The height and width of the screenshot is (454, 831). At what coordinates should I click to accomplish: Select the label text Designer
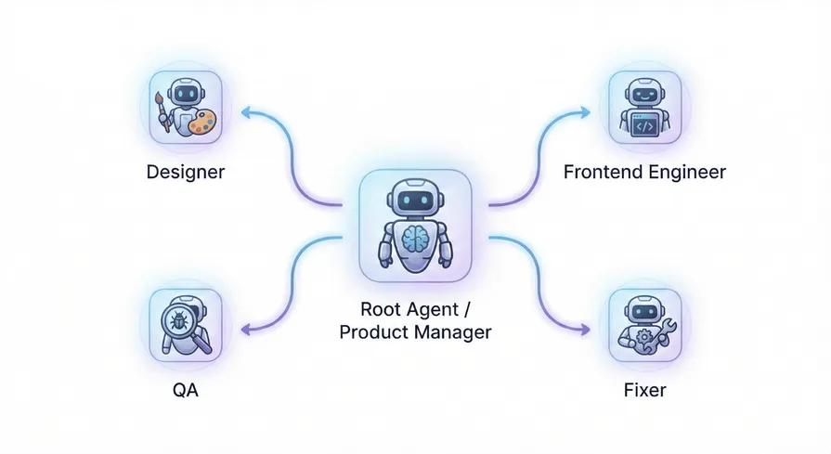(x=185, y=173)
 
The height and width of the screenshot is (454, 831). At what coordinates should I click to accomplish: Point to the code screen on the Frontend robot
(x=644, y=125)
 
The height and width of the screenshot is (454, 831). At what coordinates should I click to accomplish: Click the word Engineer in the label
(x=687, y=173)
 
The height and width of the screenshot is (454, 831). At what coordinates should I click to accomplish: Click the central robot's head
(x=415, y=197)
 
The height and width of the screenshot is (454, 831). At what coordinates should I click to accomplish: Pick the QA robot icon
(x=185, y=324)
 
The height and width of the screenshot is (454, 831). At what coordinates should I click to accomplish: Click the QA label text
(x=185, y=391)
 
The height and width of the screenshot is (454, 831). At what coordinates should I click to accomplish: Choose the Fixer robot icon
(x=644, y=324)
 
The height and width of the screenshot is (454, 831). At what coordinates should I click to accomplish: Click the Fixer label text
(x=644, y=391)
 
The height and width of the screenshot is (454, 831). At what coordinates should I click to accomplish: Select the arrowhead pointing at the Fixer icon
(x=586, y=330)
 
